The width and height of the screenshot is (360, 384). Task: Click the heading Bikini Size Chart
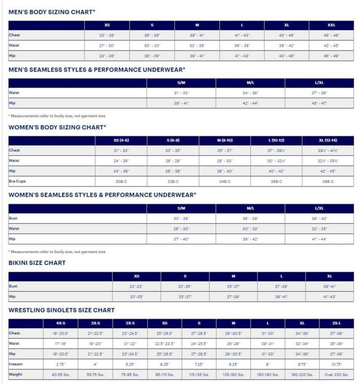pos(37,263)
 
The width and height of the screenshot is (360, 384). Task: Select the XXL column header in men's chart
pos(331,25)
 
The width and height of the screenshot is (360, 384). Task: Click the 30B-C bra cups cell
pos(121,181)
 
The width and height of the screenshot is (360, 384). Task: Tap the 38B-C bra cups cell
pos(328,181)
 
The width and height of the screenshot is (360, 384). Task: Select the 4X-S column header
pos(61,323)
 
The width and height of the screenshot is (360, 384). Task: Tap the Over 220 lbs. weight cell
pos(336,374)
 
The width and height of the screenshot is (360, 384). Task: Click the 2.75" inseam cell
pos(61,364)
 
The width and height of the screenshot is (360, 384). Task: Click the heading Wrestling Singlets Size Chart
pos(62,310)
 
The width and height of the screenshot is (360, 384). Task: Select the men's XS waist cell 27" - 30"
pos(107,45)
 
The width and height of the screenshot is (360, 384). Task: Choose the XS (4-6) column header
pos(121,140)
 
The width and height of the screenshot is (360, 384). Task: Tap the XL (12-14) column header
pos(328,140)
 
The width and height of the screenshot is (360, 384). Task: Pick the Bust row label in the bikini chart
pos(13,286)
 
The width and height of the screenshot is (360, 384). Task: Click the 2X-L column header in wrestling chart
pos(336,323)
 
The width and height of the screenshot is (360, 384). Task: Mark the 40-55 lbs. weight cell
pos(61,374)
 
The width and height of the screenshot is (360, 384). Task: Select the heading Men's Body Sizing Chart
pos(52,12)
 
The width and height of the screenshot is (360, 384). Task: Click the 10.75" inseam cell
pos(336,364)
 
